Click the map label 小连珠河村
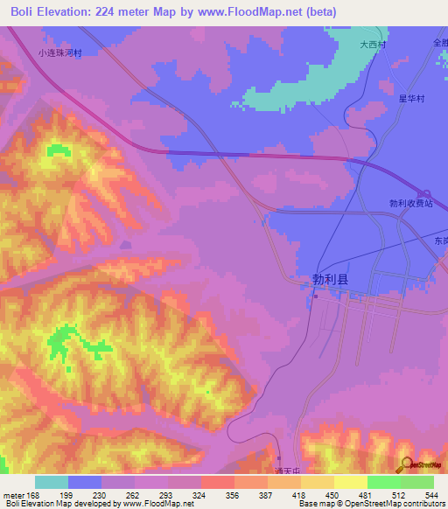[x=59, y=52]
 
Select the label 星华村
[x=411, y=99]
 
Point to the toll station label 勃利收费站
[x=411, y=203]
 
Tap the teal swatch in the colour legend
[x=52, y=482]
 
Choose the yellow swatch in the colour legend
[x=350, y=482]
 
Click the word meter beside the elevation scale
[x=13, y=494]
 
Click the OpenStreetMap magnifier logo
[x=406, y=464]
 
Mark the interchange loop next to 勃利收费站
[x=423, y=194]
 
